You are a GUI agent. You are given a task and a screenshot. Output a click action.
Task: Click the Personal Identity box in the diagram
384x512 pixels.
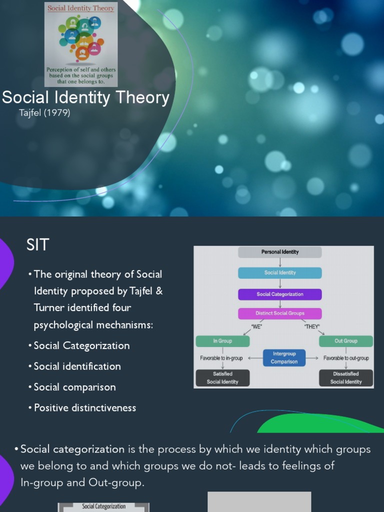coord(279,252)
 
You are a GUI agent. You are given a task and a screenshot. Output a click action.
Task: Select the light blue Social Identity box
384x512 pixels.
coord(279,273)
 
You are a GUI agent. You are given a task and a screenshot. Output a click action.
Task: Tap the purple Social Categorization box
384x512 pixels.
coord(279,294)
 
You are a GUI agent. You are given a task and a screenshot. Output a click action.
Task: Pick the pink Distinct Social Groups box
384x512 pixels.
coord(279,313)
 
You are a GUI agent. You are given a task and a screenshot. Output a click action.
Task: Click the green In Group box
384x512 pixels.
coord(222,341)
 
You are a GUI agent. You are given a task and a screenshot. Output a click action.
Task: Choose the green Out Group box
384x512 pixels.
coord(345,341)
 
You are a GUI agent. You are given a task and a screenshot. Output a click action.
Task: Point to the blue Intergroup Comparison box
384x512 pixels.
coord(284,357)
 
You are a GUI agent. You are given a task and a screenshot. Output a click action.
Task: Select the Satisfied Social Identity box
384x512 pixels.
coord(222,377)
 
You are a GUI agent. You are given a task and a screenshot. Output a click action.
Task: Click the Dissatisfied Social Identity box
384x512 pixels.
coord(345,377)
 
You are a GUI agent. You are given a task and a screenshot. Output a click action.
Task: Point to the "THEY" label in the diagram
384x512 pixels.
coord(311,326)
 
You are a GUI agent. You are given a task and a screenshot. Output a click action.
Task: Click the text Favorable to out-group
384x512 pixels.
coord(346,358)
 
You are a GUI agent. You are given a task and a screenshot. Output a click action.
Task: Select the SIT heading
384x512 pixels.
coord(38,245)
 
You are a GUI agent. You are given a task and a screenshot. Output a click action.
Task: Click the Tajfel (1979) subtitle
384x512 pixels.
coord(44,113)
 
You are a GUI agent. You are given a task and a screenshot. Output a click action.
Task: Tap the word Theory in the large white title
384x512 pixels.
coord(141,97)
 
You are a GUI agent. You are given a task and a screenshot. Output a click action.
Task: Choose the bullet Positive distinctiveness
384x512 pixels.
coord(85,407)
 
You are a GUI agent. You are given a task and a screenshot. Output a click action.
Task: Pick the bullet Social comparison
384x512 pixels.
coord(74,387)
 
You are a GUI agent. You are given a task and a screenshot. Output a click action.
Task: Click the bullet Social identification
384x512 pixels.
coord(77,366)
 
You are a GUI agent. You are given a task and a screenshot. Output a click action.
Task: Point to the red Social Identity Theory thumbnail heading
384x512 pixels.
coord(80,8)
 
